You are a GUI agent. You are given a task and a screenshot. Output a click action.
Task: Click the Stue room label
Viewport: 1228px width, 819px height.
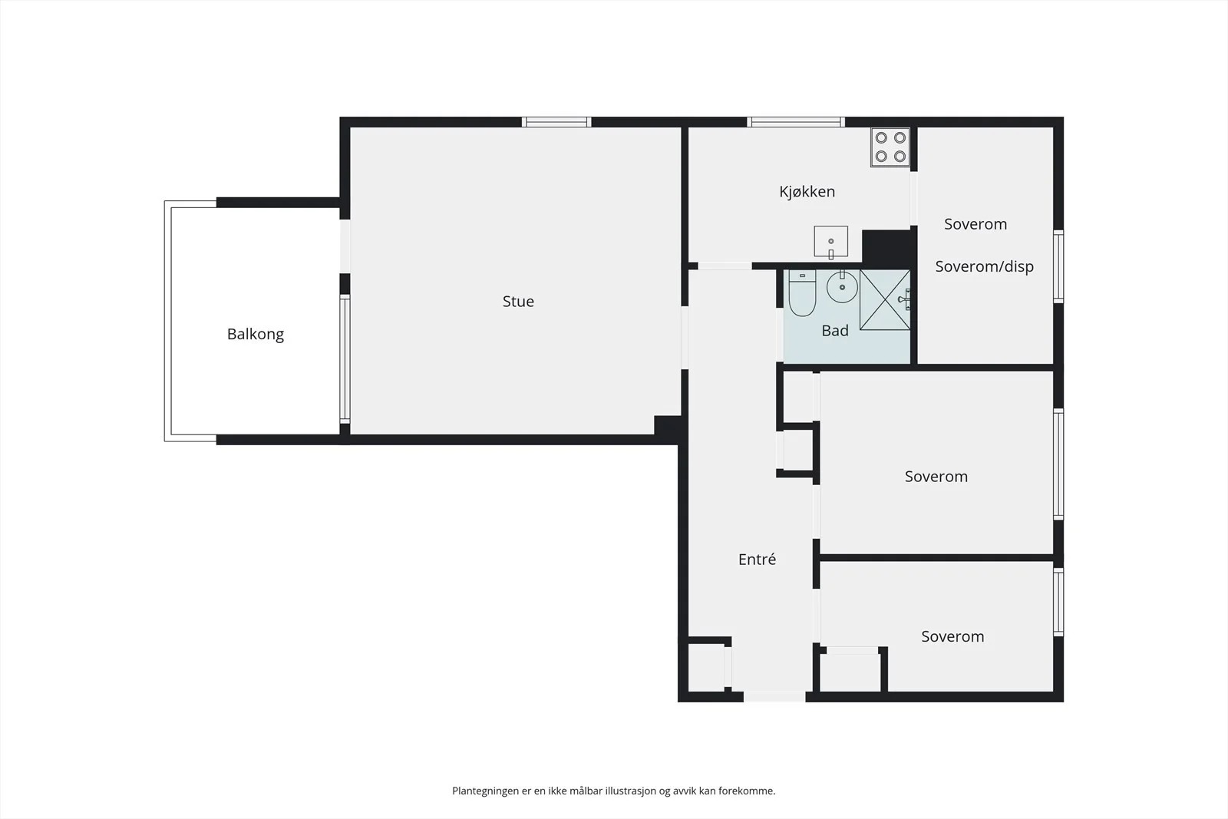(x=518, y=301)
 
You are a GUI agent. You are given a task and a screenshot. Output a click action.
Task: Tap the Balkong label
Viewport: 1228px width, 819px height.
(x=256, y=335)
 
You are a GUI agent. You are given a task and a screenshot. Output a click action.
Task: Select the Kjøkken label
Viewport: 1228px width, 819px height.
(x=807, y=191)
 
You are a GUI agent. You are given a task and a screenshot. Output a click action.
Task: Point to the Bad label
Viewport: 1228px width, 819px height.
(x=835, y=331)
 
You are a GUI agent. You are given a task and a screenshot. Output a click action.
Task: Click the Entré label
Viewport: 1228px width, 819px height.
(x=757, y=559)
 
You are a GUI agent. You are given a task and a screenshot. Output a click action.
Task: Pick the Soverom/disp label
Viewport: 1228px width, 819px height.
(x=984, y=266)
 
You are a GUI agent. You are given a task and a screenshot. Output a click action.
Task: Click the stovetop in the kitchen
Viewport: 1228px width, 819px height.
(x=890, y=147)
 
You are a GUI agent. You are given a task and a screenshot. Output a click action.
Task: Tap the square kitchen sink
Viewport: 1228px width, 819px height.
(x=830, y=242)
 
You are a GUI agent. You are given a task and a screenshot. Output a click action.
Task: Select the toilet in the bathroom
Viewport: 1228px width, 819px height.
(x=802, y=293)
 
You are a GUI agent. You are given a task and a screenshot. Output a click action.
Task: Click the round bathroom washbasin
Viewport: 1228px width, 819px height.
(x=842, y=286)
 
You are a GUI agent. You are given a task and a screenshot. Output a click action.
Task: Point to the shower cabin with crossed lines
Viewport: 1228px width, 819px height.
(x=885, y=300)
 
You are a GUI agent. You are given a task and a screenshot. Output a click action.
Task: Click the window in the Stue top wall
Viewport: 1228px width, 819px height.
(x=556, y=122)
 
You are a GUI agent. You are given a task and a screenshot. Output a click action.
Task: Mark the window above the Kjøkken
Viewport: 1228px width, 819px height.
(x=795, y=122)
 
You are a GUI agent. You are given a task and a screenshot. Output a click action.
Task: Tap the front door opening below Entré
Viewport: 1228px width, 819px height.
(x=774, y=697)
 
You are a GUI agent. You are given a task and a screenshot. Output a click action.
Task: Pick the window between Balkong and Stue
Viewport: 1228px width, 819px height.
(x=345, y=359)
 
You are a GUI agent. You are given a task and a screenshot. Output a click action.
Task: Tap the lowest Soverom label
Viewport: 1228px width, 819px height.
(x=952, y=636)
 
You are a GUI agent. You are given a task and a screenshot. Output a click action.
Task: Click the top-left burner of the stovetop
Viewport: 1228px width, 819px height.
(x=881, y=137)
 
